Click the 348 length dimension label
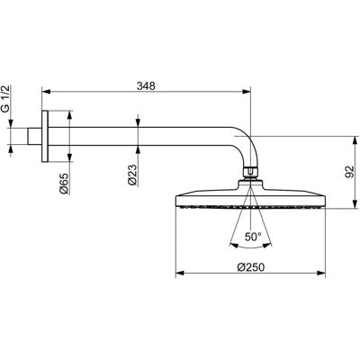146,86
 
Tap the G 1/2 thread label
6,99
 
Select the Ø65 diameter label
65,184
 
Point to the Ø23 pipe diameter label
132,175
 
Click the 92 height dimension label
349,172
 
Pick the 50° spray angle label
253,237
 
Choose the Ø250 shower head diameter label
251,267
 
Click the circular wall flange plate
45,137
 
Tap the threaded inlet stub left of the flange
35,137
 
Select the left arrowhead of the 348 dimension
46,91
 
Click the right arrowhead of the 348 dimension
247,91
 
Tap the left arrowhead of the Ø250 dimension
179,273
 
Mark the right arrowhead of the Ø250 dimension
321,273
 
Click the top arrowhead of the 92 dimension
355,140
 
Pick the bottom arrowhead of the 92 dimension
355,203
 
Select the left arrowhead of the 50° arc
234,245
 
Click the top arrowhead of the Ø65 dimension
69,115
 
